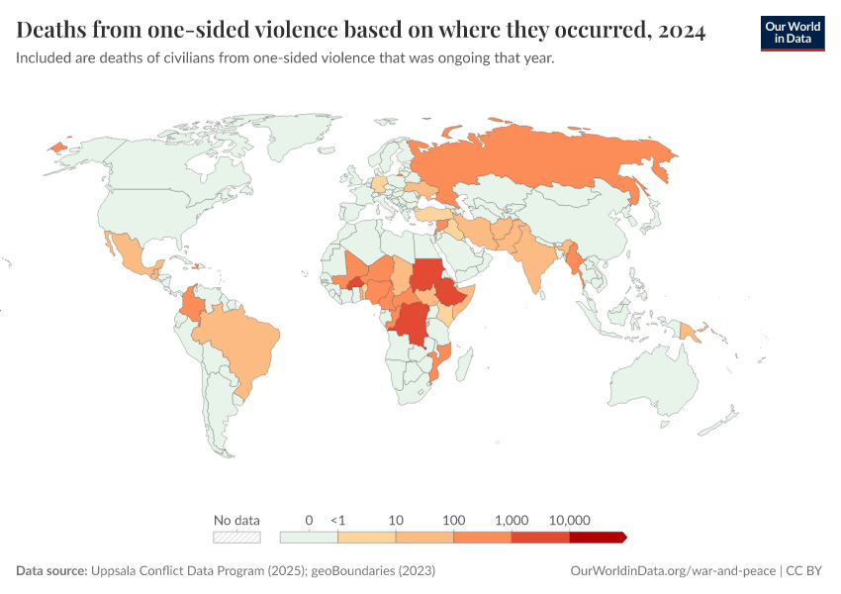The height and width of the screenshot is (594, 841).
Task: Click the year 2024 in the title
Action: coord(681,31)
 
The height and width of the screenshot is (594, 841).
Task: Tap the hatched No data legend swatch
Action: coord(237,538)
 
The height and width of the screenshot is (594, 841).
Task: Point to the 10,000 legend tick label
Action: coord(569,520)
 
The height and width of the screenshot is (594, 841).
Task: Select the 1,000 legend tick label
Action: coord(512,520)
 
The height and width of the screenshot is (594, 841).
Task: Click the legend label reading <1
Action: coord(337,520)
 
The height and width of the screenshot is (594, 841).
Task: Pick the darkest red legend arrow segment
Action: coord(598,538)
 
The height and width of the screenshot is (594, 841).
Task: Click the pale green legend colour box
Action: coord(309,538)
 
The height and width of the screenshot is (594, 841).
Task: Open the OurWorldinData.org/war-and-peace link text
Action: coord(674,571)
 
